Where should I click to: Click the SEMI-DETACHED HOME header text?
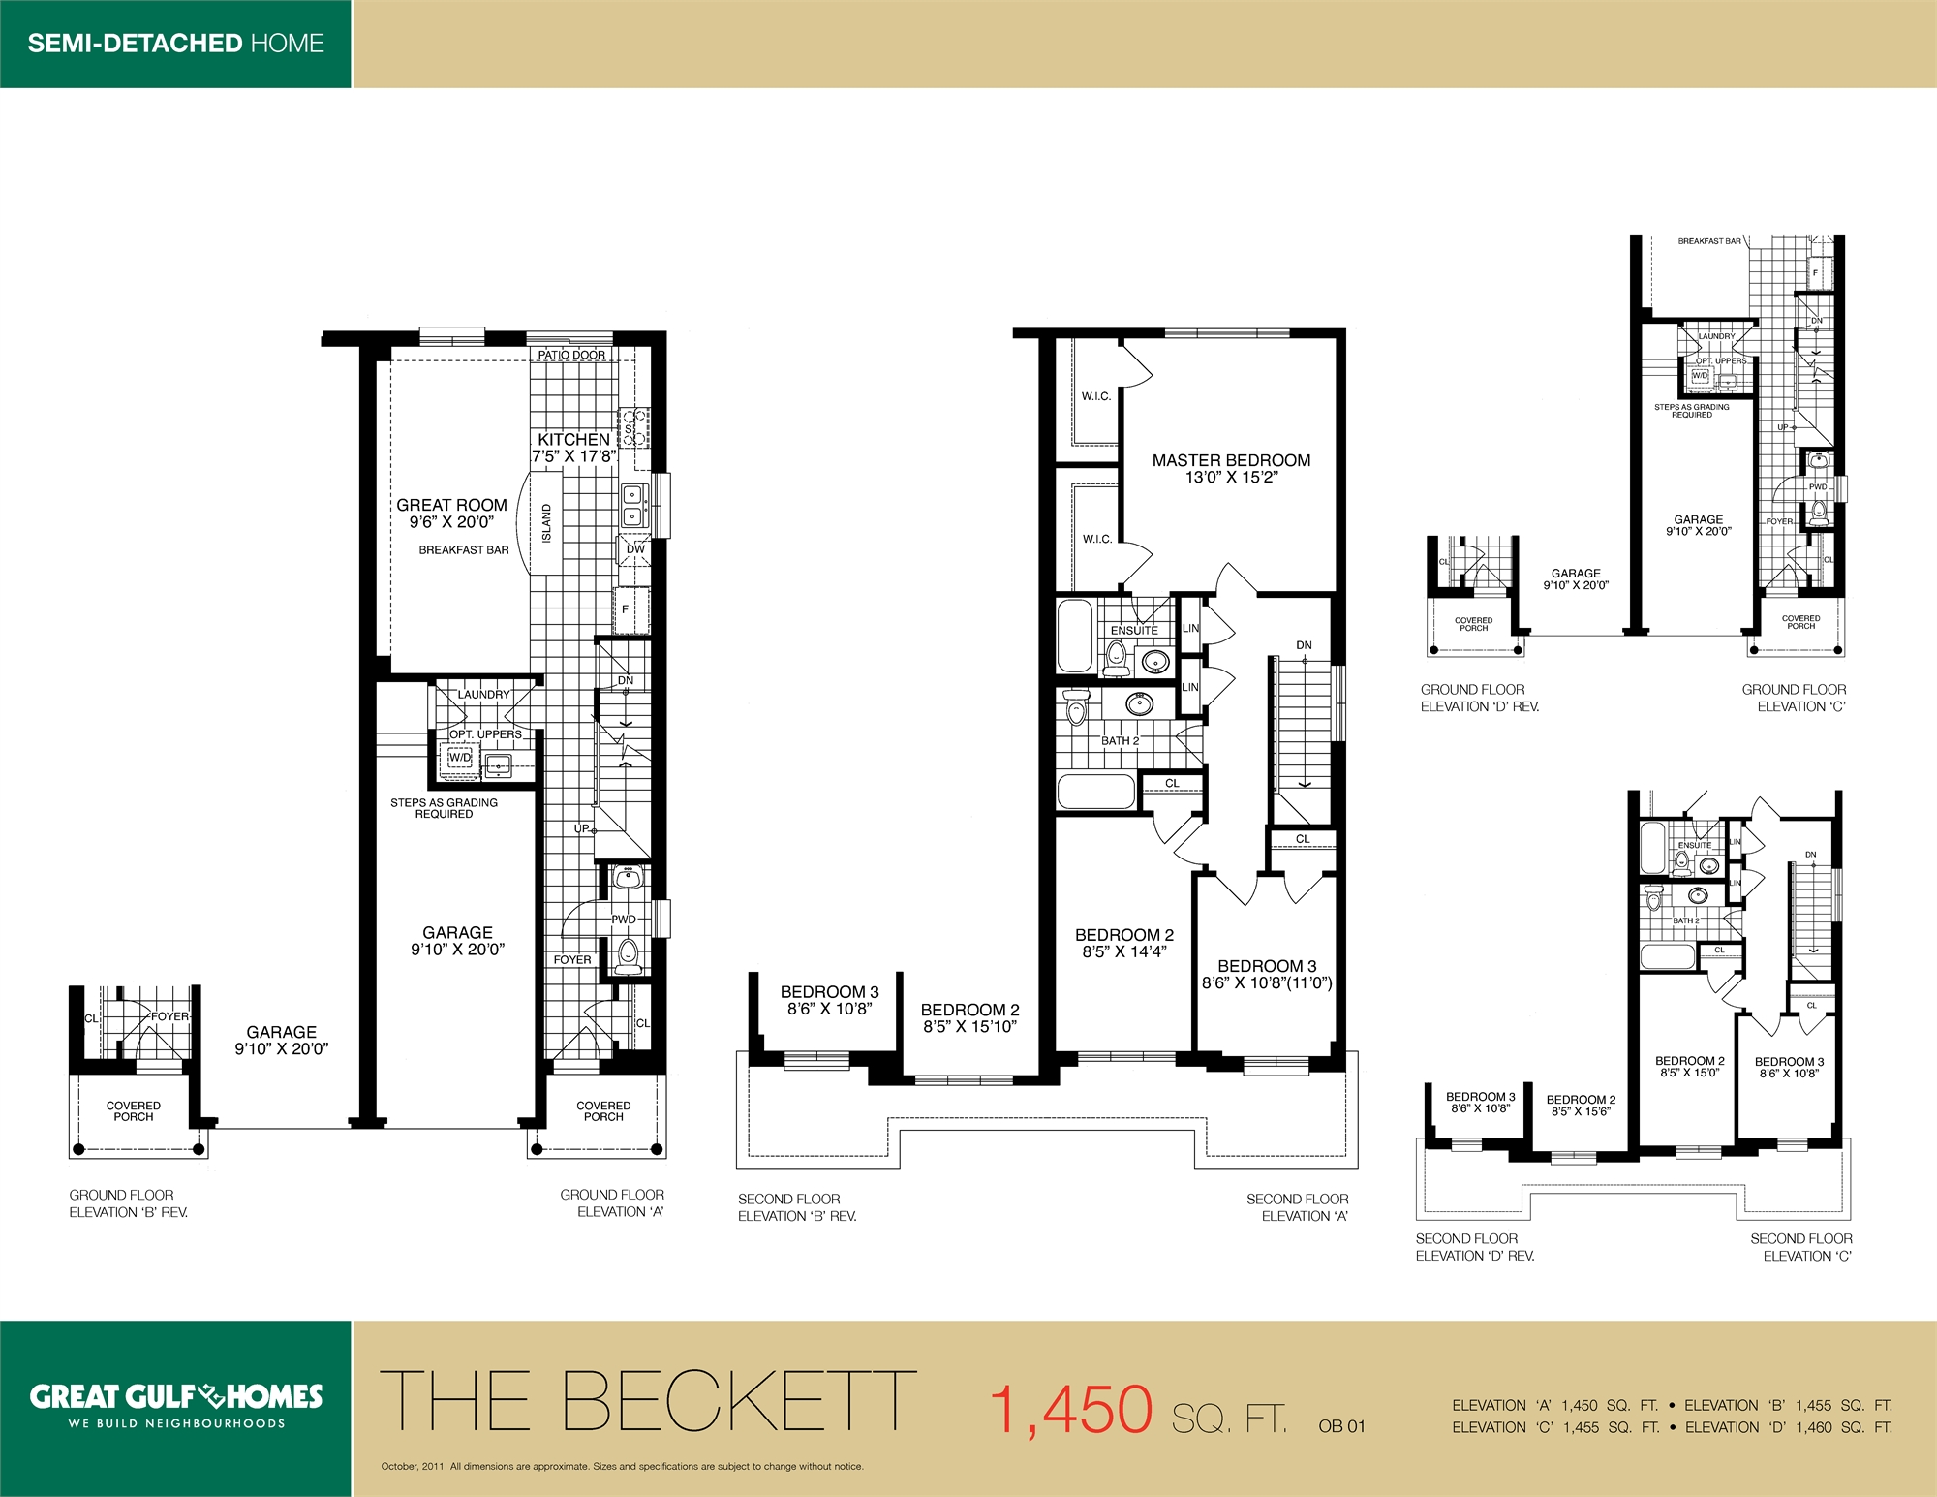(175, 44)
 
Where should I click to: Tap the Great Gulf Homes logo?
(175, 1396)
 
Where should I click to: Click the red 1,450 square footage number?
(1071, 1410)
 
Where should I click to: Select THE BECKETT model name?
(647, 1401)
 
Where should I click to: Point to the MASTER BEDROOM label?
(1231, 461)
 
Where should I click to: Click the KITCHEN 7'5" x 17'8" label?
(573, 448)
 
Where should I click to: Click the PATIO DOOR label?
(571, 355)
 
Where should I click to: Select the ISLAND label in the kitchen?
(546, 523)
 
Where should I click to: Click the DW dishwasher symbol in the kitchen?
(635, 548)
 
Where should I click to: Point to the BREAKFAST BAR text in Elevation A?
(463, 549)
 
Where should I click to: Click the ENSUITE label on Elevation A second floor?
(1134, 630)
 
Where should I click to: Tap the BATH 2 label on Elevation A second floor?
(1120, 740)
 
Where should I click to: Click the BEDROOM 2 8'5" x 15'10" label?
(969, 1017)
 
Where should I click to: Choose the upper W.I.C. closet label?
(1096, 396)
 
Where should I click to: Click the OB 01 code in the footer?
(1341, 1426)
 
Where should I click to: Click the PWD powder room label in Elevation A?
(624, 920)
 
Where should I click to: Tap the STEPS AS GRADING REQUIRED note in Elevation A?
(444, 808)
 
